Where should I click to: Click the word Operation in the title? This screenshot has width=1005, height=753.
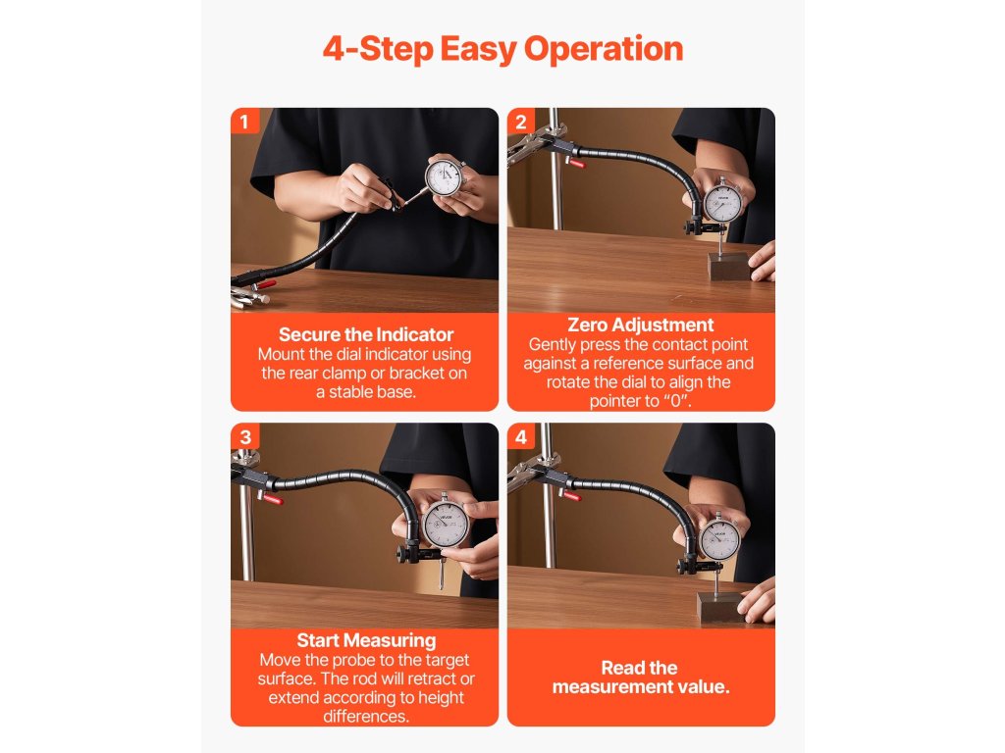tap(604, 49)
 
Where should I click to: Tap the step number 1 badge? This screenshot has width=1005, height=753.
tap(244, 121)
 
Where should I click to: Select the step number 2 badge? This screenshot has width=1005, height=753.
tap(520, 121)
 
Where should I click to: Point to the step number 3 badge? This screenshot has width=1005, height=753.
tap(244, 436)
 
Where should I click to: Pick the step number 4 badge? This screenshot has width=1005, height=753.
tap(520, 436)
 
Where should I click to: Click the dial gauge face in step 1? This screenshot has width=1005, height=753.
tap(445, 177)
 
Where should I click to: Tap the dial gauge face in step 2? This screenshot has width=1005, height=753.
tap(723, 204)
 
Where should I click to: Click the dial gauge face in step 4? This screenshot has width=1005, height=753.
tap(719, 540)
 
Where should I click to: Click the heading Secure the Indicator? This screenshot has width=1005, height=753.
tap(365, 334)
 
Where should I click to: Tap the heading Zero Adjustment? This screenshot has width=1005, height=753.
tap(640, 325)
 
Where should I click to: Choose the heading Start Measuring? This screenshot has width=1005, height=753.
tap(366, 640)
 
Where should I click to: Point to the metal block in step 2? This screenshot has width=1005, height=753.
tap(729, 265)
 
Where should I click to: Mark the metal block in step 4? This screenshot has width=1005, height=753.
tap(721, 605)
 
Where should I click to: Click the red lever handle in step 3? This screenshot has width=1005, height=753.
tap(273, 499)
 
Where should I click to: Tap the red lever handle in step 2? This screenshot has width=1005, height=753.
tap(577, 164)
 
